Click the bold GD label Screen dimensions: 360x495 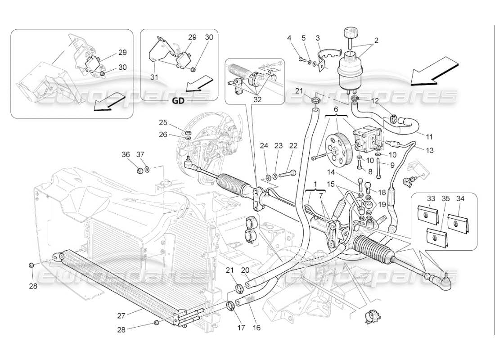(x=178, y=101)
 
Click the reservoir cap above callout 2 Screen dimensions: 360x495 (x=349, y=33)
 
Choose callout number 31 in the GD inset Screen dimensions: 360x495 (x=154, y=77)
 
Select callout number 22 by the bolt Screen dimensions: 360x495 (x=293, y=145)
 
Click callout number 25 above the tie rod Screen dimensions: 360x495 (x=162, y=122)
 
